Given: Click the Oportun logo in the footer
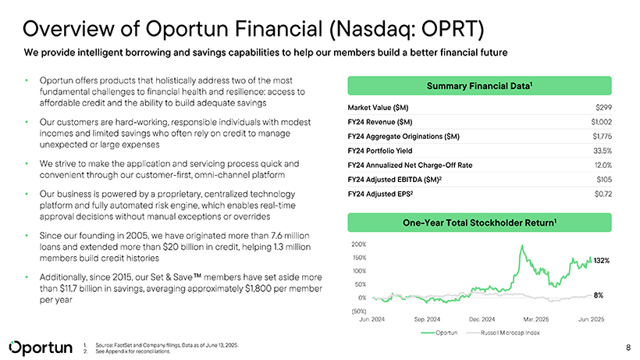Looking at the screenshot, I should click(x=38, y=346).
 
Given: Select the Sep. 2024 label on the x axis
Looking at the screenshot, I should click(x=429, y=319).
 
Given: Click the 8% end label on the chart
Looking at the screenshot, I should click(x=599, y=295).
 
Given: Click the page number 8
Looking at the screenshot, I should click(x=628, y=346).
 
